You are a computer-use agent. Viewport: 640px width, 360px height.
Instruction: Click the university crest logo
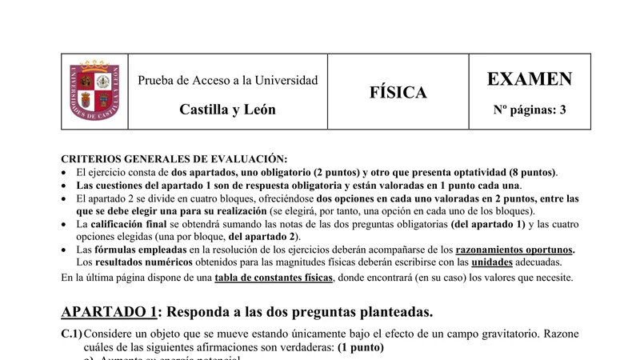tap(95, 91)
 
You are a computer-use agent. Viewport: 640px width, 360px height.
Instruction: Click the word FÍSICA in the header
tap(398, 93)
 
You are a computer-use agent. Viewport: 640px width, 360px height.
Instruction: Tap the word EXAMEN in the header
tap(529, 79)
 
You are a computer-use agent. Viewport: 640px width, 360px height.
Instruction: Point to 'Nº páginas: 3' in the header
tap(529, 110)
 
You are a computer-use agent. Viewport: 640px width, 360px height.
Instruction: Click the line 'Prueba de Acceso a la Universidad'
tap(227, 80)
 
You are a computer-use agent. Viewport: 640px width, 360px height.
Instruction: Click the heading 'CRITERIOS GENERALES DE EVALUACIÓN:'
tap(174, 159)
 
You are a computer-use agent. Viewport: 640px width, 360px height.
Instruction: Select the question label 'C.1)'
tap(72, 333)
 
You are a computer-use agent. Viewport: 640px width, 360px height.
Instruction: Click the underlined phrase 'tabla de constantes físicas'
tap(272, 278)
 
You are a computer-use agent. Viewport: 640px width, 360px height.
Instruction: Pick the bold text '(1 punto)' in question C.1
tap(361, 348)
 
